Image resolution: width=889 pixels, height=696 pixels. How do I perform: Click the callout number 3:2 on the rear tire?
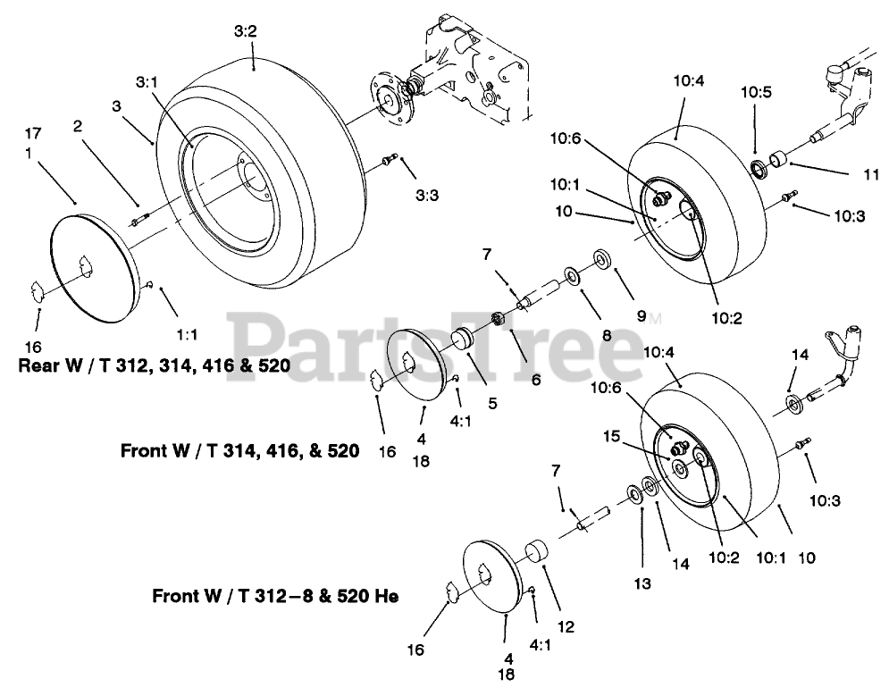246,31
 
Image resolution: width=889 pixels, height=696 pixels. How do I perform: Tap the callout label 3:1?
147,82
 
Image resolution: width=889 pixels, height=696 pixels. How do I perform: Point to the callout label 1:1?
185,333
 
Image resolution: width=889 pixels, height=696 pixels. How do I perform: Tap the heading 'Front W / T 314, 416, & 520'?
239,452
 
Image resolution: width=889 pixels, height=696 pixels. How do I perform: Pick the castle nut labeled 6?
501,319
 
